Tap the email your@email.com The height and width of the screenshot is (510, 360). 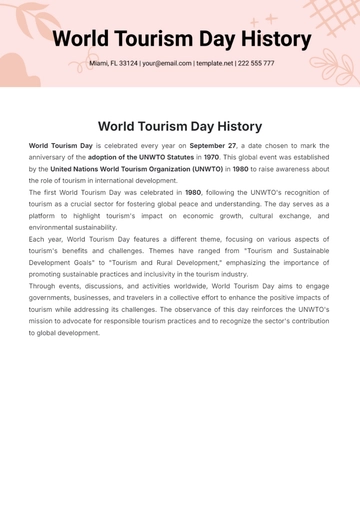[166, 63]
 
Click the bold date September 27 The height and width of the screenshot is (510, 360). [212, 146]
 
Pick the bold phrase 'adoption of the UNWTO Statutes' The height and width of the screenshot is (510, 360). [139, 158]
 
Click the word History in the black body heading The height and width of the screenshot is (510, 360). [231, 126]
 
